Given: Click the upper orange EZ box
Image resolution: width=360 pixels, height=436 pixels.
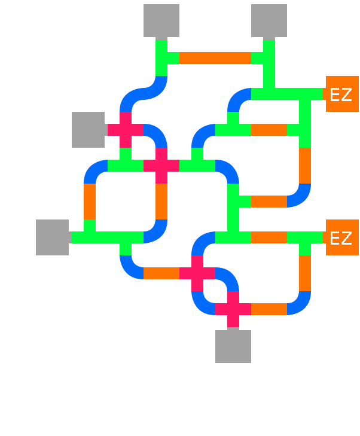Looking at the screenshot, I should click(341, 94).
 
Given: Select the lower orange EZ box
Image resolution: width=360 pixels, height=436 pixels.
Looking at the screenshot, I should click(341, 237).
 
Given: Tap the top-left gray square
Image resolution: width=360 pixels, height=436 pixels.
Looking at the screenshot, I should click(161, 21).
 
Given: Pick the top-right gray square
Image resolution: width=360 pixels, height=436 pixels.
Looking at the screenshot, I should click(269, 21).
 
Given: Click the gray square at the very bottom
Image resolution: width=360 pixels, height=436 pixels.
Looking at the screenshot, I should click(233, 346).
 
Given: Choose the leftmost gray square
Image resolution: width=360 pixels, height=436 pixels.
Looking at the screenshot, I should click(53, 237).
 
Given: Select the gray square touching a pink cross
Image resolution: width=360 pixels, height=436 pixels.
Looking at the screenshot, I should click(89, 130).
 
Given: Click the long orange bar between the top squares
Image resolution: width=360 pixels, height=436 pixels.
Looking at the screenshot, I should click(215, 58).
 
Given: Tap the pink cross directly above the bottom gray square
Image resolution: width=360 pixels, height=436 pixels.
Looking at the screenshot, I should click(233, 309).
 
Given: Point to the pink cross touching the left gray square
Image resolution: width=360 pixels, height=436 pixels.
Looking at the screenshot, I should click(126, 130).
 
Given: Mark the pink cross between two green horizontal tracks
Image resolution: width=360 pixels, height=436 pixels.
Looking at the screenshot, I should click(161, 166).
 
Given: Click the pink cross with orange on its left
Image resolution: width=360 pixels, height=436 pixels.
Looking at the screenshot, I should click(197, 273).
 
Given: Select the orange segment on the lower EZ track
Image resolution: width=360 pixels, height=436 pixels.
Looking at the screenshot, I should click(269, 237).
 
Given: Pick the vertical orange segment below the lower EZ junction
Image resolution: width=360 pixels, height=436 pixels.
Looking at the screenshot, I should click(305, 273).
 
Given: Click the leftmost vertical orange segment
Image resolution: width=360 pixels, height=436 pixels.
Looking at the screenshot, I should click(90, 202).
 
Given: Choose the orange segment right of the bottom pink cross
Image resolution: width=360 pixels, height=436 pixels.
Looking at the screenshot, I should click(269, 309).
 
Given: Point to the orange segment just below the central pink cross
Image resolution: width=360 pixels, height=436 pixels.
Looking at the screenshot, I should click(161, 202).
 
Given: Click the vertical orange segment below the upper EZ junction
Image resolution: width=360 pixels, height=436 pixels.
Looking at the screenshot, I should click(305, 166).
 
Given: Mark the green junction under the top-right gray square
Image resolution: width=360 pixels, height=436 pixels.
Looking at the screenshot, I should click(269, 58).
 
